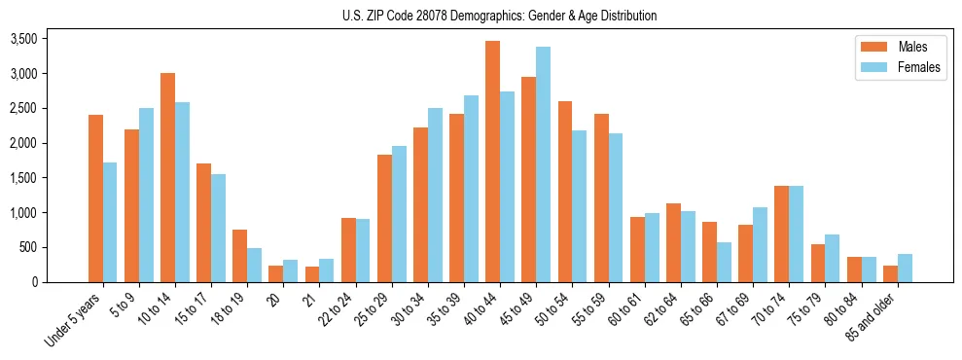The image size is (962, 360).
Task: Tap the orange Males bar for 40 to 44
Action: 492,162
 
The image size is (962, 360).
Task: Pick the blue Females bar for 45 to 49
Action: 543,164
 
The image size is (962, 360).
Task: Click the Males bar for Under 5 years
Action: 95,198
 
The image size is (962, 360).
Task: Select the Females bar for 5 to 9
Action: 146,195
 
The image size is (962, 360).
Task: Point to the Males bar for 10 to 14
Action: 167,177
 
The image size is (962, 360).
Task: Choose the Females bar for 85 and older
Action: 906,268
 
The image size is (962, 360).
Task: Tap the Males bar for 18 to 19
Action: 239,256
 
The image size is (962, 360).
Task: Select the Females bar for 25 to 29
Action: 399,214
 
